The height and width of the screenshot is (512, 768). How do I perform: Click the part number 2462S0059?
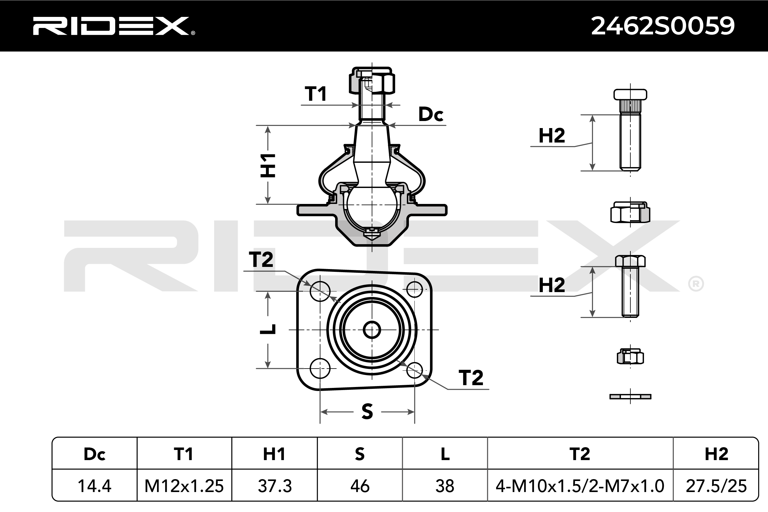pos(663,26)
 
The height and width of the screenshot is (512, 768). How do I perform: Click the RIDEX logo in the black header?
pos(114,26)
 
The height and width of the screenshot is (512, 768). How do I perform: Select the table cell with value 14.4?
pos(95,486)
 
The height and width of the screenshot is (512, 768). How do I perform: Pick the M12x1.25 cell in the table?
pos(184,486)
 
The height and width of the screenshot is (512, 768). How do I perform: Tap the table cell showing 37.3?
pos(275,486)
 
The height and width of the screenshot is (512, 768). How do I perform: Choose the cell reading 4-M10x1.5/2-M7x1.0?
pos(580,486)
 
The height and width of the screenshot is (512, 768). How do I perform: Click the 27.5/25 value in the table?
pos(716,486)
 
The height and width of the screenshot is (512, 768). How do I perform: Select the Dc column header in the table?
pos(95,454)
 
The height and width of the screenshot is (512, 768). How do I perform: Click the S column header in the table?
pos(360,454)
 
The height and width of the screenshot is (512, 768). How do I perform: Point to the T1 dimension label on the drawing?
pos(316,94)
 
